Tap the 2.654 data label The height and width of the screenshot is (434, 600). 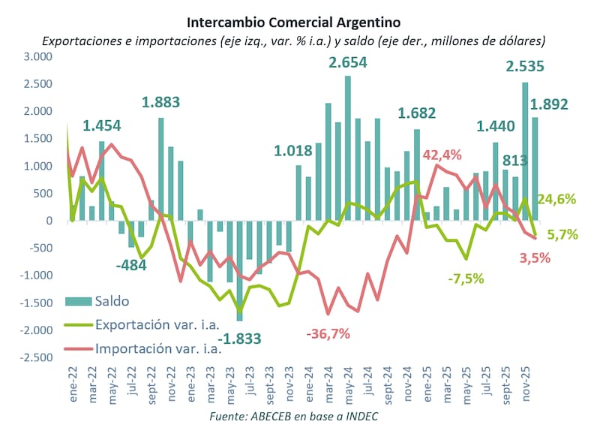pyautogui.click(x=348, y=62)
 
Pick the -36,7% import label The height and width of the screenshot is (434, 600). pyautogui.click(x=327, y=333)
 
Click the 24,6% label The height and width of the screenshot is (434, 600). pyautogui.click(x=556, y=200)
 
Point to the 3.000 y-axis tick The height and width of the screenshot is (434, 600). pyautogui.click(x=38, y=57)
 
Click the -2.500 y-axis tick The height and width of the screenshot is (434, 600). pyautogui.click(x=36, y=357)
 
